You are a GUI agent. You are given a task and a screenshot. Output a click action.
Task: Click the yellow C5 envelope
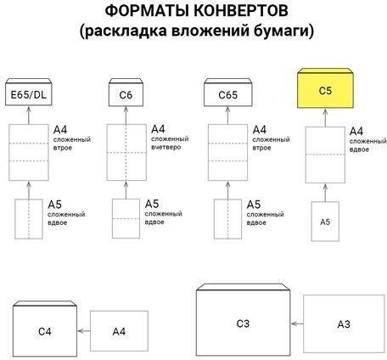[324, 90]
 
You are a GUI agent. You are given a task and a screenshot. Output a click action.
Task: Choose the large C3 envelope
[243, 323]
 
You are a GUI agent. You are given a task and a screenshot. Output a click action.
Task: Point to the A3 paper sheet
[344, 323]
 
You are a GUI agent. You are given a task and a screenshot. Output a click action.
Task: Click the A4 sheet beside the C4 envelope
[119, 331]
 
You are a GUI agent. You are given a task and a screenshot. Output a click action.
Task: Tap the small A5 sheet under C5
[324, 221]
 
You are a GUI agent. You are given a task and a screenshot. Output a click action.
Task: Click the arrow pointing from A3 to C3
[297, 323]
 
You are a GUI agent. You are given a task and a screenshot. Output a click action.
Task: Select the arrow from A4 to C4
[83, 331]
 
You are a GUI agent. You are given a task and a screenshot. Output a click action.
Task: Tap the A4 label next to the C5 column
[356, 131]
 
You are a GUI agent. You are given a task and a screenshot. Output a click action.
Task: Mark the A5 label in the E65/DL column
[54, 205]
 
